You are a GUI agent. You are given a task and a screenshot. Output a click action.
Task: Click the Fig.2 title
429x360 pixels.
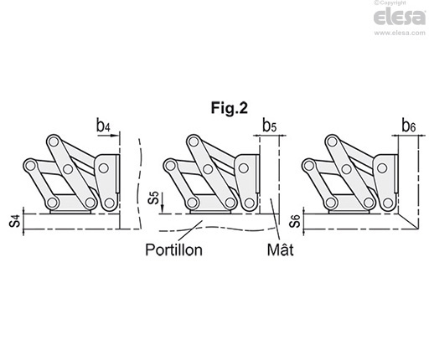229,108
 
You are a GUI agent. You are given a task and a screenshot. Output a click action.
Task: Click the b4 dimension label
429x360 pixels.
103,126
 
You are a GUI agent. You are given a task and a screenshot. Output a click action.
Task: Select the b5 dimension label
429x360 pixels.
270,126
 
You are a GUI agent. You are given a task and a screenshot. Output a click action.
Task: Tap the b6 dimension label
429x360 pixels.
409,126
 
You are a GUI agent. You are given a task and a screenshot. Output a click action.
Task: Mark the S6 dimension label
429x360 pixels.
295,221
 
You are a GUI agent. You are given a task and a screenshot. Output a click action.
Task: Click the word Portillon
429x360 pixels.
173,249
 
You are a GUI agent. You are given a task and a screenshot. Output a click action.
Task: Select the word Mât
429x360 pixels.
280,249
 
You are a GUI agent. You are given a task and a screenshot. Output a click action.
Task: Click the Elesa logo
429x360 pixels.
400,18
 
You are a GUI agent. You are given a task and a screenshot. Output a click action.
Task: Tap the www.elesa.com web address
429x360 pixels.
400,33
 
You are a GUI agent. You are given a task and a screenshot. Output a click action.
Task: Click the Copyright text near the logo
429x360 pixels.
390,3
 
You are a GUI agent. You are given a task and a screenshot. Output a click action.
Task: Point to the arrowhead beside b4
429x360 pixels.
115,136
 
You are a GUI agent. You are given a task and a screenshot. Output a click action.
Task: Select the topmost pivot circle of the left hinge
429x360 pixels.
53,141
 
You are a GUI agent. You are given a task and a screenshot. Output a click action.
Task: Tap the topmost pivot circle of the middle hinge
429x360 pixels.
193,141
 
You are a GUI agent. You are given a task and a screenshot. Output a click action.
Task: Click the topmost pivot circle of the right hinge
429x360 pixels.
332,141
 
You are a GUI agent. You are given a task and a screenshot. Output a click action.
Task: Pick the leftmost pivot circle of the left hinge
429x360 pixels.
29,166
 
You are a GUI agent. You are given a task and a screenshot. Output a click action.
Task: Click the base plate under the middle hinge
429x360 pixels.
210,212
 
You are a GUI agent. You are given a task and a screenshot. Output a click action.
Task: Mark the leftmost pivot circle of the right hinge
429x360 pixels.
308,166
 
